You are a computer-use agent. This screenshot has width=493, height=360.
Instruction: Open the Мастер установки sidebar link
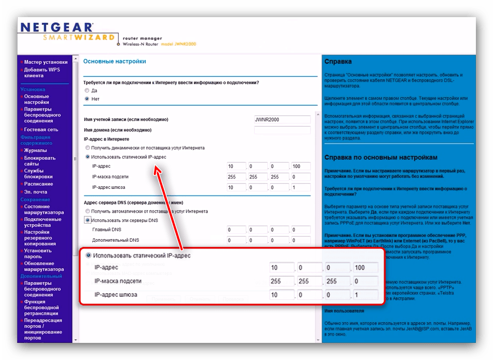click(46, 62)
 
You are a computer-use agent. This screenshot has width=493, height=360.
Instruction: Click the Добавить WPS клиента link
click(42, 73)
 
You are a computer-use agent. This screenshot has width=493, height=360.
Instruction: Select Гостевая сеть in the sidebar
click(41, 130)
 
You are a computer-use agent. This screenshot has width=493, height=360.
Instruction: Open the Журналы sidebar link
click(35, 150)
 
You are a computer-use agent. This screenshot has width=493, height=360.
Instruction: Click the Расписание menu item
click(38, 184)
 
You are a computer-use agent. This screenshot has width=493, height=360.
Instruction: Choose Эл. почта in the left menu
click(35, 192)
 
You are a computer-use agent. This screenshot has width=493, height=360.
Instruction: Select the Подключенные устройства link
click(43, 223)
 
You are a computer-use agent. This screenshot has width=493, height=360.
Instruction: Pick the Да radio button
click(87, 90)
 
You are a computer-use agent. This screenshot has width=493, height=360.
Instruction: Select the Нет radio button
click(87, 99)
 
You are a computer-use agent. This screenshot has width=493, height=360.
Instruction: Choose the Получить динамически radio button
click(88, 148)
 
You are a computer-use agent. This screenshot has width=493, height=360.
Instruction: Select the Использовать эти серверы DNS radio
click(88, 220)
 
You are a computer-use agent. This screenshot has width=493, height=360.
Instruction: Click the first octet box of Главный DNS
click(237, 230)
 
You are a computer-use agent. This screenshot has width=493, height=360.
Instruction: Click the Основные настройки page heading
click(115, 61)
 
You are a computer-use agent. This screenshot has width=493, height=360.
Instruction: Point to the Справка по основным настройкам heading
click(381, 157)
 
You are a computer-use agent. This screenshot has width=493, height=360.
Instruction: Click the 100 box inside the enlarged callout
click(365, 268)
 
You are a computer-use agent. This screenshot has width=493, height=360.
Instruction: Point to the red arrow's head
click(155, 169)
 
